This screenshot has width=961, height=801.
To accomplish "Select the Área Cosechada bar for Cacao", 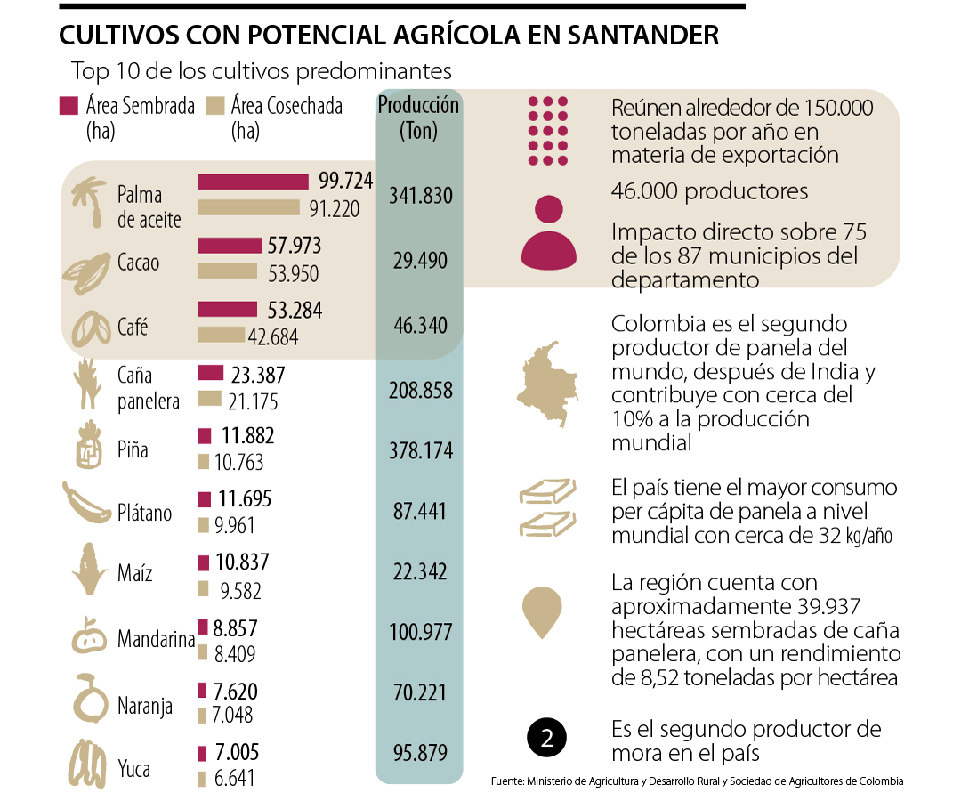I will coord(230,271).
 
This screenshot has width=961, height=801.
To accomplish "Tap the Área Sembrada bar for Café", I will coord(230,310).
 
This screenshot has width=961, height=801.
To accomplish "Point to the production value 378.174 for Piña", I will coord(421,450).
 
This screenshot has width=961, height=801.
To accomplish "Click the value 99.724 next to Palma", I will coord(345,181).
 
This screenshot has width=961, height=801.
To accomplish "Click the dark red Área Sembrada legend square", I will coord(69,106).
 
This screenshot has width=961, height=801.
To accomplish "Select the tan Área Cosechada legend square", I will coord(214,106).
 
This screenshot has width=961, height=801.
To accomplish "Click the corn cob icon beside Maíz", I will coord(90,568).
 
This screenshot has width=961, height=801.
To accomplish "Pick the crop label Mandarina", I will coord(156,640).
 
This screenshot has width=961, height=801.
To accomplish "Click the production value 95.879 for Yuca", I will coord(420,753).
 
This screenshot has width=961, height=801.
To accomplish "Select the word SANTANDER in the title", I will coord(635,36).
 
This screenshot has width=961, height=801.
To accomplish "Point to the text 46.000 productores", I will coord(709,191).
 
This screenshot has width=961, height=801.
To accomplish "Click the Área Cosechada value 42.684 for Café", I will coord(273,337).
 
